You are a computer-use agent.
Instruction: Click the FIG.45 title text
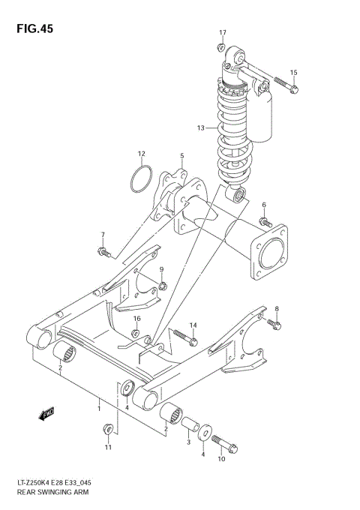(32, 28)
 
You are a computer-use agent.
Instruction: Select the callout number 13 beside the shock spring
(200, 128)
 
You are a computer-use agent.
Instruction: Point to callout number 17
(223, 32)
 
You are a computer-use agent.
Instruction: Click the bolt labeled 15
(285, 85)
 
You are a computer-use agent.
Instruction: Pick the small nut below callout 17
(222, 48)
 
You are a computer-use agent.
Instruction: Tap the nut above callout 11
(108, 430)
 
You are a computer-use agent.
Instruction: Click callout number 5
(181, 156)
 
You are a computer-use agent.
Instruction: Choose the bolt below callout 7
(103, 252)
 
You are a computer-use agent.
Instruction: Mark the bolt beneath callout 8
(275, 324)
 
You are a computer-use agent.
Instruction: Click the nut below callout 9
(161, 285)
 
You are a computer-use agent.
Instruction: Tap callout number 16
(136, 319)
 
